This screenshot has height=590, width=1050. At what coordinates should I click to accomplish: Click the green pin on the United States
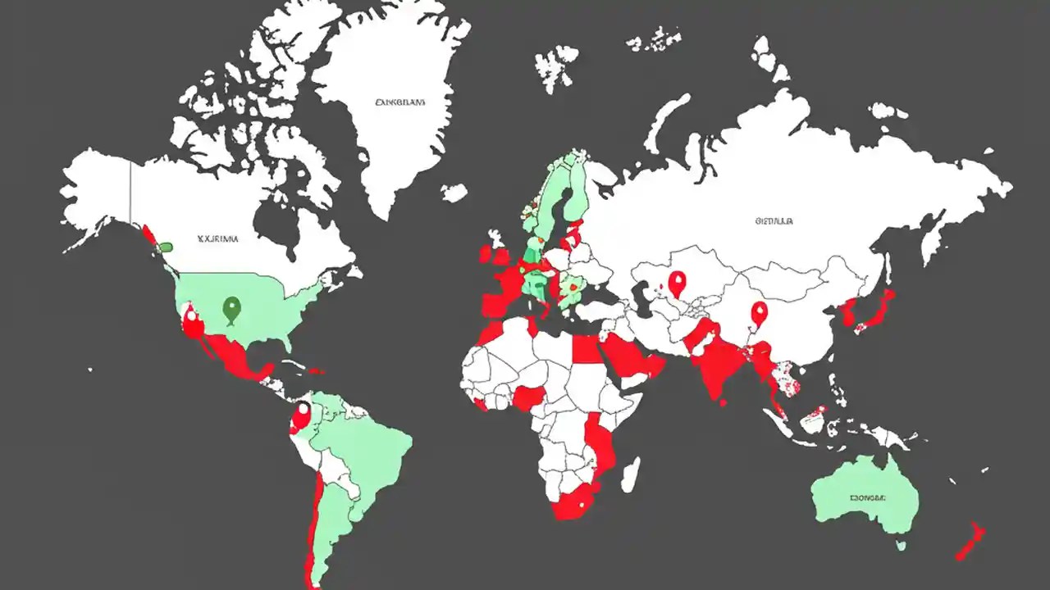pos(232,309)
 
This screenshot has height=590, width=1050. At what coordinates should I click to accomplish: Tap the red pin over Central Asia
pos(677,284)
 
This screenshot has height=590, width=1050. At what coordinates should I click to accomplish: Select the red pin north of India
pos(759,314)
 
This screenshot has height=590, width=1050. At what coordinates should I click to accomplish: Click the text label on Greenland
pos(400,103)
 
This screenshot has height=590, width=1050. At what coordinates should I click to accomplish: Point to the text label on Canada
pos(217,239)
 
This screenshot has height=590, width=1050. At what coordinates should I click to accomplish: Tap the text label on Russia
pos(774,220)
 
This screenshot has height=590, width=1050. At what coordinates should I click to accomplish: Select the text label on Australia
pos(868,497)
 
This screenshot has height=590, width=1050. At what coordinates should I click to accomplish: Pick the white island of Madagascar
pos(630,474)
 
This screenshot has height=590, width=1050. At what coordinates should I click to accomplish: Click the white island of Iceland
pos(454,193)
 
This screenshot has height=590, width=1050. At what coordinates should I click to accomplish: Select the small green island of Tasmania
pos(901,544)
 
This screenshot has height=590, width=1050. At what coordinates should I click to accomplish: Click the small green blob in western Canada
pos(166,245)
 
